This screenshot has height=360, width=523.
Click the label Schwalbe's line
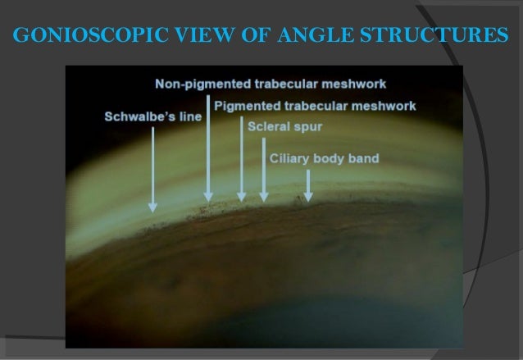click(x=152, y=116)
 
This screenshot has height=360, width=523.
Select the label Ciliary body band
click(x=325, y=157)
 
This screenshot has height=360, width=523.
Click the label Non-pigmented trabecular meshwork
click(x=271, y=84)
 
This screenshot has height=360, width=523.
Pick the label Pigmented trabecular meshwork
click(x=315, y=106)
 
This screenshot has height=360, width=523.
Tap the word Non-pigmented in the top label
click(x=197, y=84)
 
